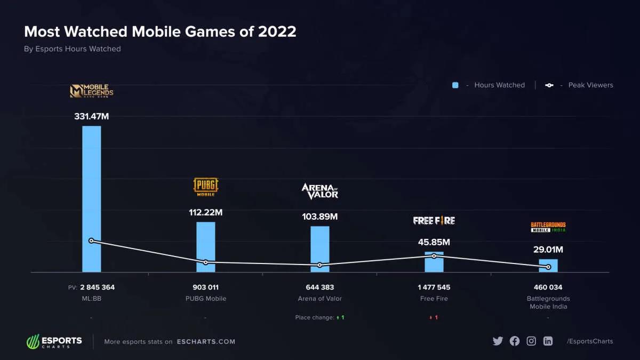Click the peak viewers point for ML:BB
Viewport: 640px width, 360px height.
coord(91,241)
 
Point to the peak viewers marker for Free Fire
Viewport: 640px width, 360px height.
coord(434,256)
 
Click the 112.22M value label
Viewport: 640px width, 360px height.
coord(205,212)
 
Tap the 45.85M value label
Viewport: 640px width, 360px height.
coord(434,242)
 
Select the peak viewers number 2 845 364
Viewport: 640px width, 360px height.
coord(97,287)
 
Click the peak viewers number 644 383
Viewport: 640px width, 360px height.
coord(319,287)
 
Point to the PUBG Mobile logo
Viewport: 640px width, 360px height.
coord(205,187)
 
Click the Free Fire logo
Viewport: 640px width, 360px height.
coord(434,220)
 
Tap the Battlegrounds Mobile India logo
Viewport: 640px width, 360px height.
coord(548,227)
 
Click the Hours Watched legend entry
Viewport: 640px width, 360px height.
coord(489,85)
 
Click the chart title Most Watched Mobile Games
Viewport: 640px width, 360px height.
coord(160,31)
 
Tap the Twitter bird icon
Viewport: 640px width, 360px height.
coord(498,341)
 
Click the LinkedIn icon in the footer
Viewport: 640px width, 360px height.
coord(548,341)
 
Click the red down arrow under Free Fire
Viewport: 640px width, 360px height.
coord(430,318)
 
